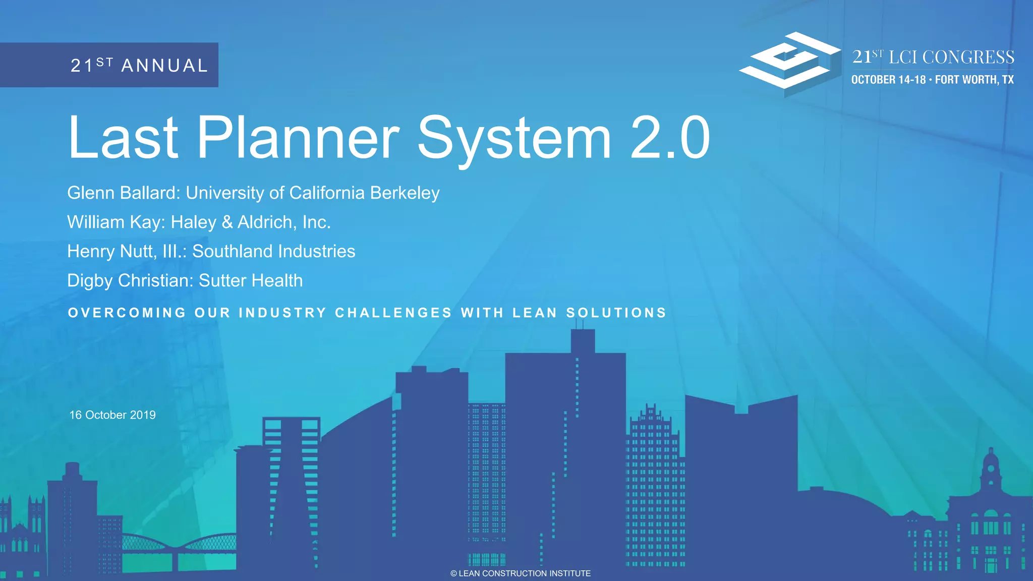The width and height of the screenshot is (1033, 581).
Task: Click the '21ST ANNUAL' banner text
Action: click(x=139, y=65)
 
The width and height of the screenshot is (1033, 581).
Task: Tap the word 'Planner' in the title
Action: click(x=298, y=138)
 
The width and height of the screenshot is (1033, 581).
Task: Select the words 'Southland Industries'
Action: click(x=273, y=251)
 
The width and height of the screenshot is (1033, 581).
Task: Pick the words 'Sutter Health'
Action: click(x=251, y=280)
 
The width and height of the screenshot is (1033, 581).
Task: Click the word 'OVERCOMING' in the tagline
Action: click(x=127, y=313)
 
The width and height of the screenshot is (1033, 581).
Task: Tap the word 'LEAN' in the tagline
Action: click(x=535, y=313)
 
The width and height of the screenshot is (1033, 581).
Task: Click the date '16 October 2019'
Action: click(x=112, y=415)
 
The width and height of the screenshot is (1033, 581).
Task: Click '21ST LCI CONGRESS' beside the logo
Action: click(x=933, y=57)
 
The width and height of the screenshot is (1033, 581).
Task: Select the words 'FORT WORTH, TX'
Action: click(x=974, y=80)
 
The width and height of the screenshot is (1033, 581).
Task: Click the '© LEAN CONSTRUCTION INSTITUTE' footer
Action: click(x=520, y=573)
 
